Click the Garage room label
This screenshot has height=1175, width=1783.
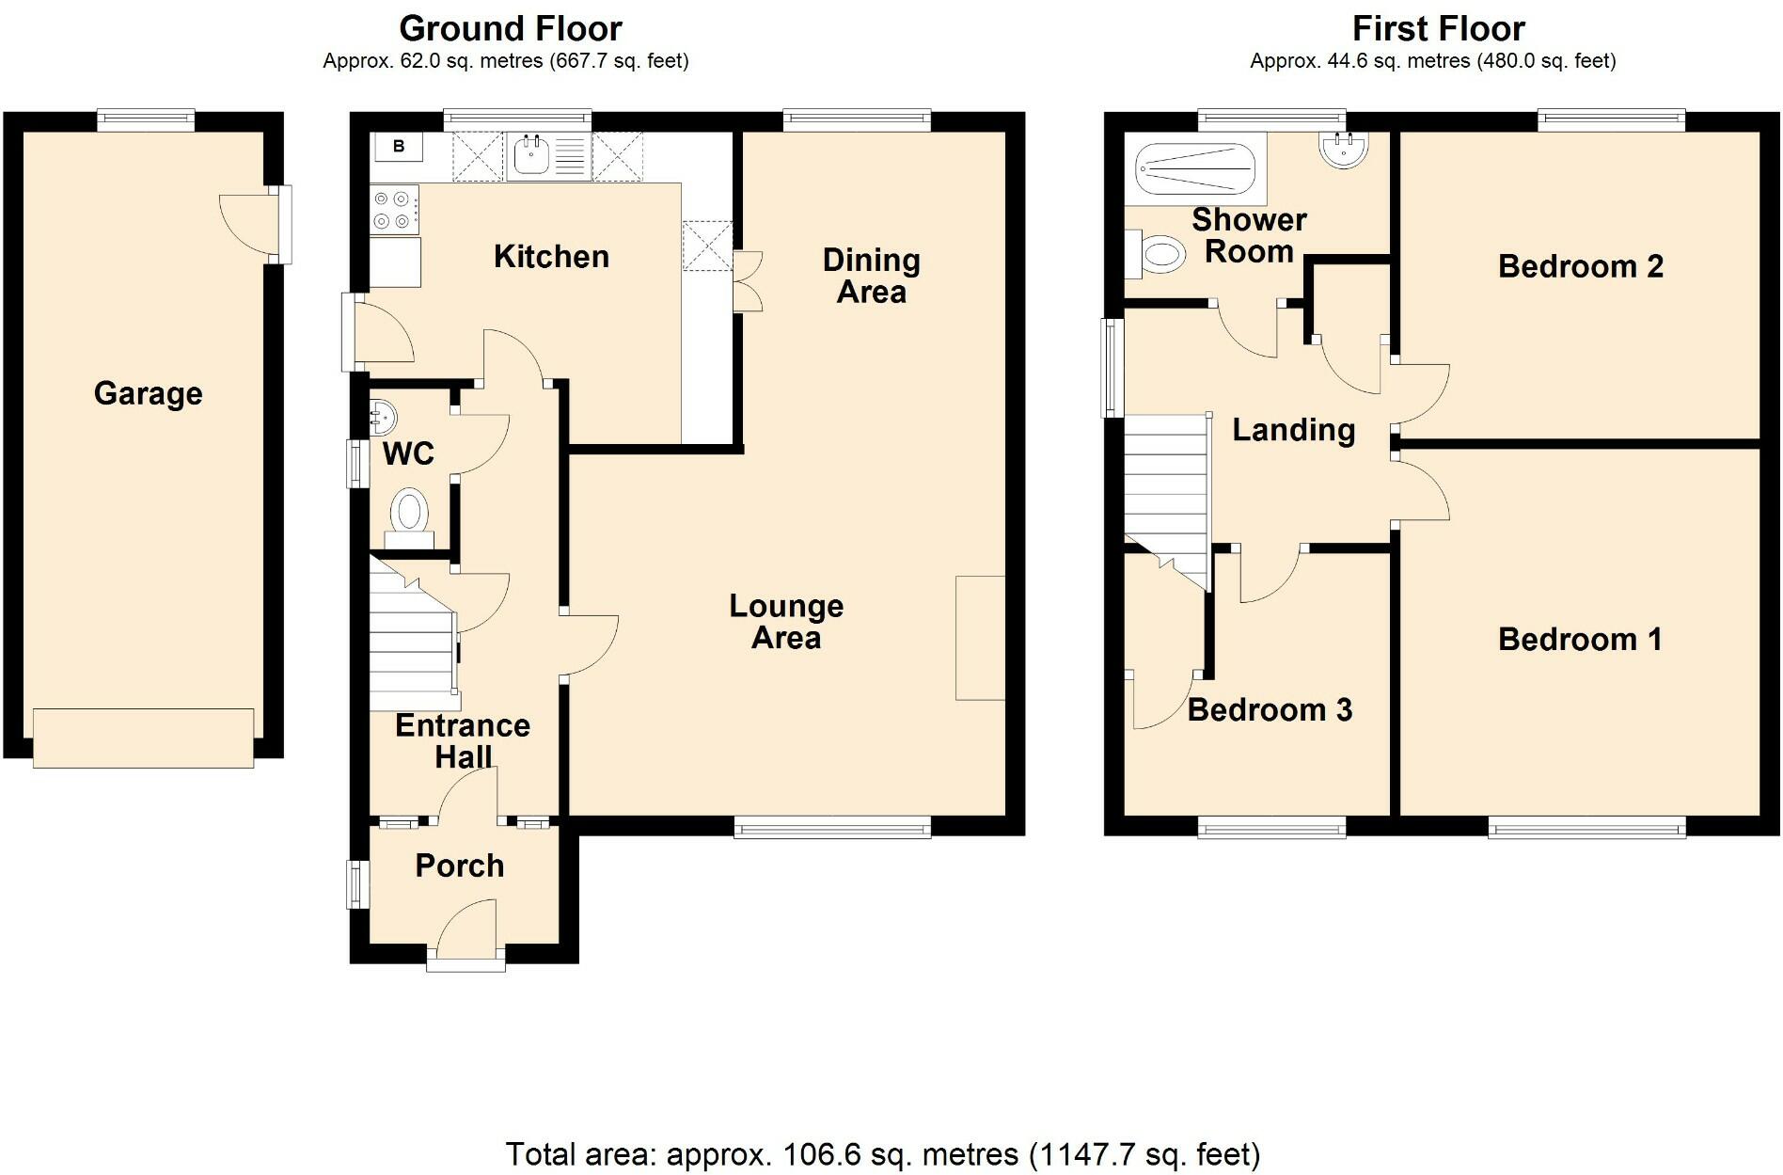point(148,393)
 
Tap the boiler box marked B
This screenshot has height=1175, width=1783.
point(399,147)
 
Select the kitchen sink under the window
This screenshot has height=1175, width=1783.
point(532,155)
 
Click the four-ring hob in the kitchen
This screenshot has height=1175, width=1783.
point(394,210)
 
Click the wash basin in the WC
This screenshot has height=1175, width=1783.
point(384,415)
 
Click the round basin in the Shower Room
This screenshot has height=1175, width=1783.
point(1343,149)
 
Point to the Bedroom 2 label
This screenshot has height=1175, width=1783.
point(1580,266)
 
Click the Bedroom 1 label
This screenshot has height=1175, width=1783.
point(1580,640)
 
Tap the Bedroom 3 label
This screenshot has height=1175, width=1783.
point(1269,709)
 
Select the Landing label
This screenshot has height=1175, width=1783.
point(1293,430)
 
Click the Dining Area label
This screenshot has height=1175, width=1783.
point(871,276)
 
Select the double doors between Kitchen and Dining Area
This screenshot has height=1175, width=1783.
point(749,280)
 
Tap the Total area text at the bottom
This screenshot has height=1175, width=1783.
point(882,1153)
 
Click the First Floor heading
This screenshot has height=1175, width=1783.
point(1437,29)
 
